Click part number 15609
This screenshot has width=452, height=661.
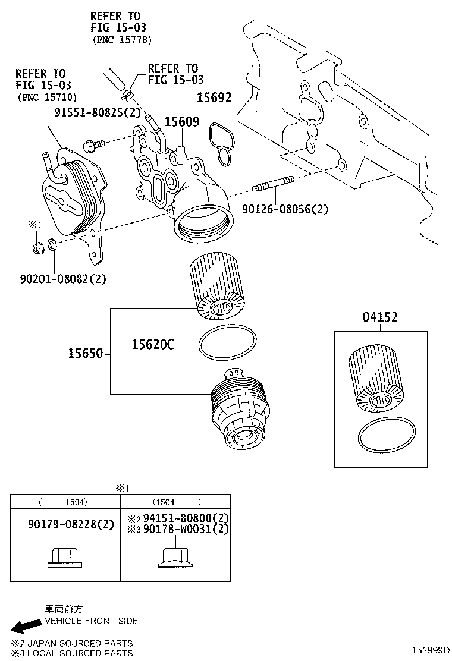click(x=182, y=121)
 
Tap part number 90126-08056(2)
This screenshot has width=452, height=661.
click(x=285, y=209)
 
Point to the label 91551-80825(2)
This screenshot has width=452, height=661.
click(x=89, y=112)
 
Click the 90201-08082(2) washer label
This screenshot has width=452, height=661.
click(x=62, y=278)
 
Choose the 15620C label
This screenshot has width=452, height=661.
click(x=152, y=344)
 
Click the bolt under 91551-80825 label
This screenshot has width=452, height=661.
click(x=95, y=143)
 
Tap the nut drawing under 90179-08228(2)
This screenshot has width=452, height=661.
click(x=64, y=555)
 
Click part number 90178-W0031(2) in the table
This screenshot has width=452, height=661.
click(x=184, y=529)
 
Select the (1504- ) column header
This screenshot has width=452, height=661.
click(x=177, y=502)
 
